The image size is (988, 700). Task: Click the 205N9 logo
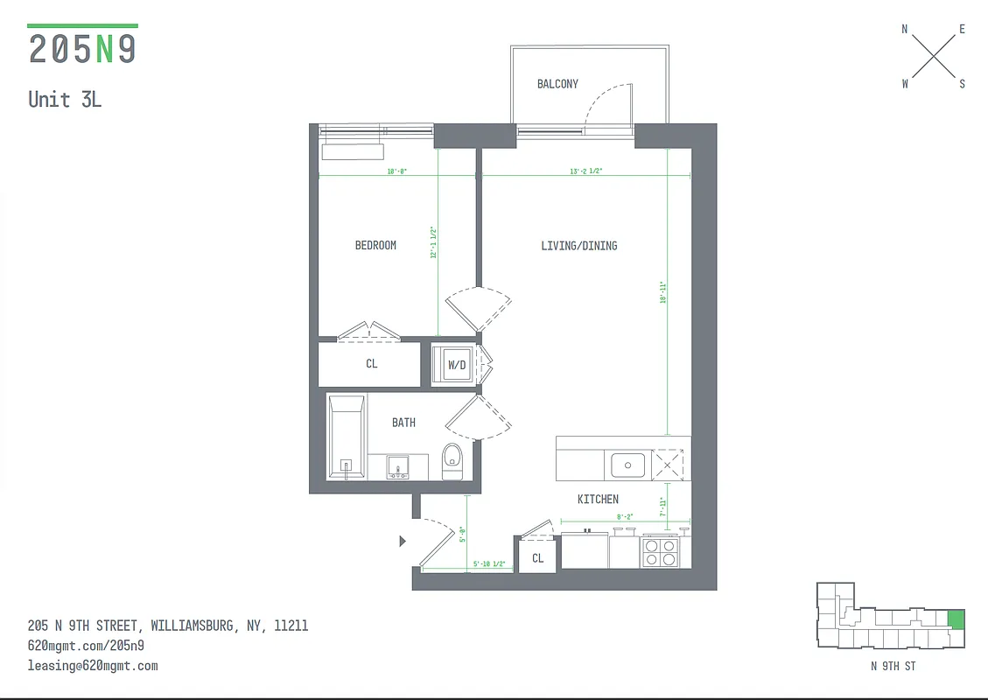point(83,48)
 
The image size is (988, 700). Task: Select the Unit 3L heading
point(65,99)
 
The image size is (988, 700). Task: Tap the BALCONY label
point(557,84)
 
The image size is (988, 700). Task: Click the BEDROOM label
point(375,246)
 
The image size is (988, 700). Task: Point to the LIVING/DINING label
point(578,246)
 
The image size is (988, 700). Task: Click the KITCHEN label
point(598,499)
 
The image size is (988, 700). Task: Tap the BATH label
point(403,423)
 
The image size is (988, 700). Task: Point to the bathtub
point(346,437)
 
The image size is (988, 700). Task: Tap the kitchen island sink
point(627,465)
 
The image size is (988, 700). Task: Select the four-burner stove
point(661,552)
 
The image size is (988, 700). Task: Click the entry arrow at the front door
point(403,542)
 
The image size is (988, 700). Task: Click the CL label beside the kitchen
point(537,558)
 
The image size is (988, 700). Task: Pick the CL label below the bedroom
point(372,364)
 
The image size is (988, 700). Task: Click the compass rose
point(933,57)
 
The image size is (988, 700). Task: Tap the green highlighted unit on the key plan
point(956,620)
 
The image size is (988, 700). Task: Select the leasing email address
point(93,666)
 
